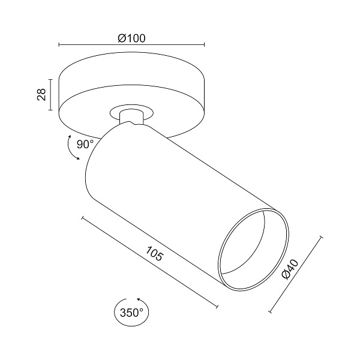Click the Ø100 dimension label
(x=132, y=38)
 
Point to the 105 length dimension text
(x=154, y=254)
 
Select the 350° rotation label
(x=131, y=313)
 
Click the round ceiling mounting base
(x=132, y=90)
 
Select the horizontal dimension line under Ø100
(x=168, y=45)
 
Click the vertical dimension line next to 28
(x=52, y=94)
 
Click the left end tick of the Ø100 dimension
(x=58, y=45)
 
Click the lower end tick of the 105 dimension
(x=217, y=307)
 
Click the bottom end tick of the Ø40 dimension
(x=271, y=312)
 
